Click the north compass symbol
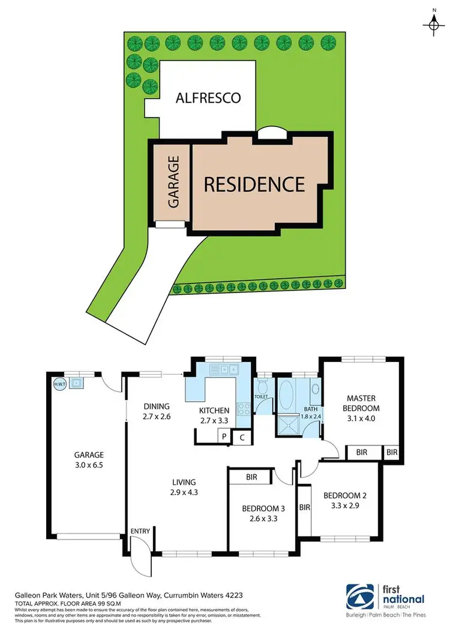click(x=433, y=24)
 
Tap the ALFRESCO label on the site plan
click(x=208, y=97)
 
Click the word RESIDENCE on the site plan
click(x=254, y=183)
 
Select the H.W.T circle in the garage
click(x=59, y=384)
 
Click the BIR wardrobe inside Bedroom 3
click(x=251, y=477)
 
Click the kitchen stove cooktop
click(x=244, y=410)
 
